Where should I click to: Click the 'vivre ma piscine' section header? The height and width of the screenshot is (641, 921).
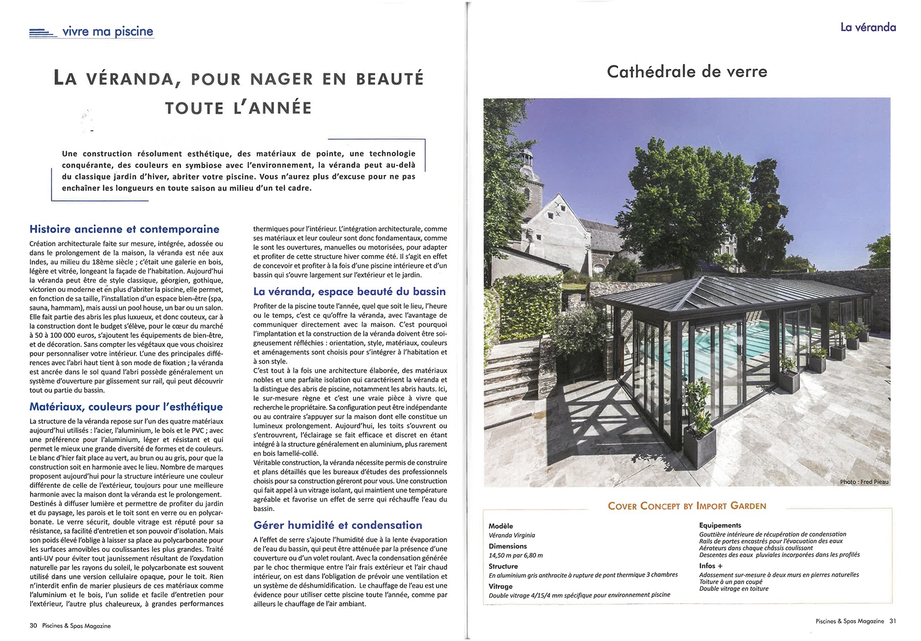[x=107, y=32]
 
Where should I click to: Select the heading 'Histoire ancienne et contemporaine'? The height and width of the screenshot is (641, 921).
[x=124, y=229]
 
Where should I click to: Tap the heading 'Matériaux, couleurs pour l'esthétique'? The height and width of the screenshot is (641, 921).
[x=126, y=407]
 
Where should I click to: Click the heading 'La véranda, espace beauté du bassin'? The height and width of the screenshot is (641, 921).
[x=349, y=291]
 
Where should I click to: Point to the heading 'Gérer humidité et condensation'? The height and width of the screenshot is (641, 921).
[x=338, y=525]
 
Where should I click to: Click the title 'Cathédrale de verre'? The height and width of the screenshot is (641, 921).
[x=687, y=72]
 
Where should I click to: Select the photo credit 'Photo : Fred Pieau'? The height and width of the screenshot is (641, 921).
[x=864, y=482]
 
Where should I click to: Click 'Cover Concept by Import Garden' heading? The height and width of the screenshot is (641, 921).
[x=687, y=506]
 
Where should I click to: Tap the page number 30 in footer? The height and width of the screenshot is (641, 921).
[x=33, y=626]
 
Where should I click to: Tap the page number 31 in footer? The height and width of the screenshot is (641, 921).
[x=892, y=621]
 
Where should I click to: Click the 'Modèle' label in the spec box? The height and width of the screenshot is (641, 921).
[x=500, y=526]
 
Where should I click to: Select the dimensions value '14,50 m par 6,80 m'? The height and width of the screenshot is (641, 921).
[x=516, y=555]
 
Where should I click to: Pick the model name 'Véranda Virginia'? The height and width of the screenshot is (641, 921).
[x=512, y=535]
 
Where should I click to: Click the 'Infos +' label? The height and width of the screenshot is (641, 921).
[x=711, y=566]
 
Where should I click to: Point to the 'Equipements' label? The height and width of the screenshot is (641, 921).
[x=720, y=525]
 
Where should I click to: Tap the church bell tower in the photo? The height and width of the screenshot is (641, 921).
[x=528, y=174]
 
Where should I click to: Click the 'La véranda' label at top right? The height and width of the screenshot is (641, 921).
[x=868, y=27]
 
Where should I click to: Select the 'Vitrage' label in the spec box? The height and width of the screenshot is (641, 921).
[x=500, y=586]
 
